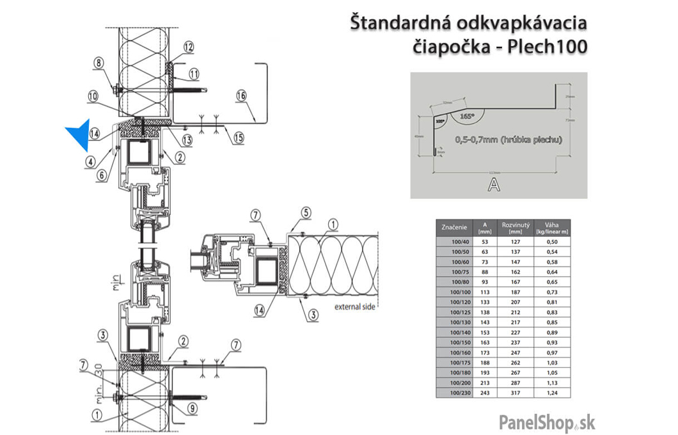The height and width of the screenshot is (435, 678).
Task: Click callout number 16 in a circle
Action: coord(240,95)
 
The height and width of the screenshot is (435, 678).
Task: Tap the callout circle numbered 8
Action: coord(99,63)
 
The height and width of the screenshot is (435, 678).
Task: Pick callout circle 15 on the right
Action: coord(237,137)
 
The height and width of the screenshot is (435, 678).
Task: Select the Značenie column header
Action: coord(454,228)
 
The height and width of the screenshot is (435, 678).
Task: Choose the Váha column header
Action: coord(552,228)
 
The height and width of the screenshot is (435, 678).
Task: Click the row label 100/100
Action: coord(454,292)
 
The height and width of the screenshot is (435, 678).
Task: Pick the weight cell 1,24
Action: coord(552,394)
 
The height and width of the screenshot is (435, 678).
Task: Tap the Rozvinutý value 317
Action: coord(516,394)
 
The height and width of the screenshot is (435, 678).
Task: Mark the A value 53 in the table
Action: coord(484,242)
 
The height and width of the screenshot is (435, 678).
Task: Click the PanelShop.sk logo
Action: coord(547,422)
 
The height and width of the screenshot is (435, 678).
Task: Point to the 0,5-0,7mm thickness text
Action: coord(508,139)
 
